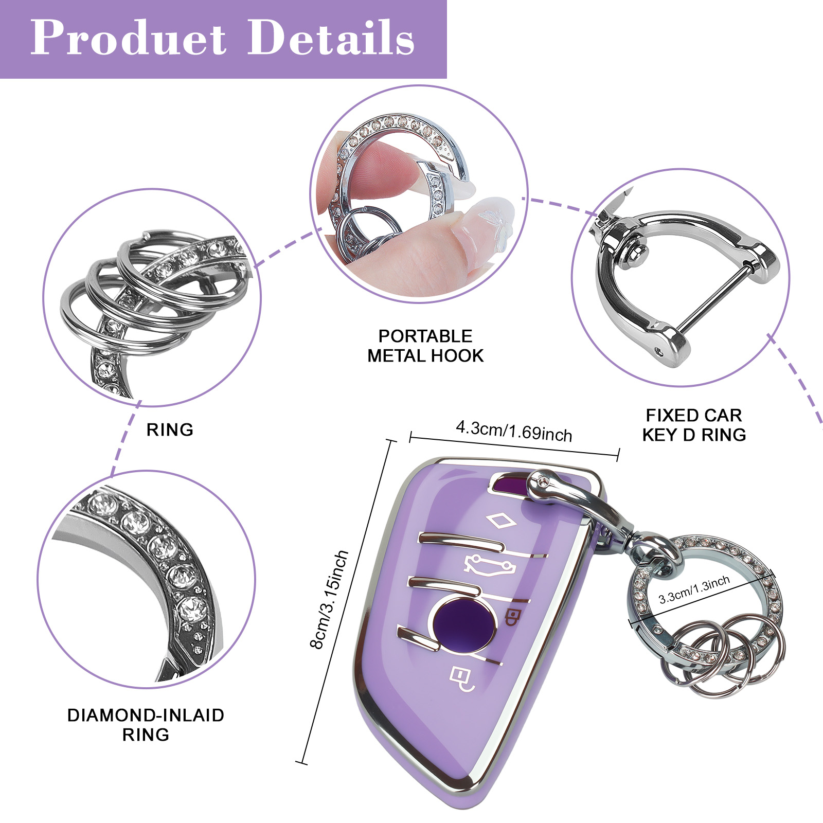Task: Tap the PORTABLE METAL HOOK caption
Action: point(425,346)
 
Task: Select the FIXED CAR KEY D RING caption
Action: point(694,425)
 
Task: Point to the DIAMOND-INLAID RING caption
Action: point(146,724)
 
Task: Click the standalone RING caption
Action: point(170,430)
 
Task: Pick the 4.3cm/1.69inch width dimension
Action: point(514,432)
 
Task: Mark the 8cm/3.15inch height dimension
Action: point(329,599)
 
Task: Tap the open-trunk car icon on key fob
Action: point(489,564)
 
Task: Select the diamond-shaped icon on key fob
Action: point(500,521)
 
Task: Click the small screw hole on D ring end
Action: point(660,352)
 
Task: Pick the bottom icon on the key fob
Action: point(461,678)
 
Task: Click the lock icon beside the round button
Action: point(512,617)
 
